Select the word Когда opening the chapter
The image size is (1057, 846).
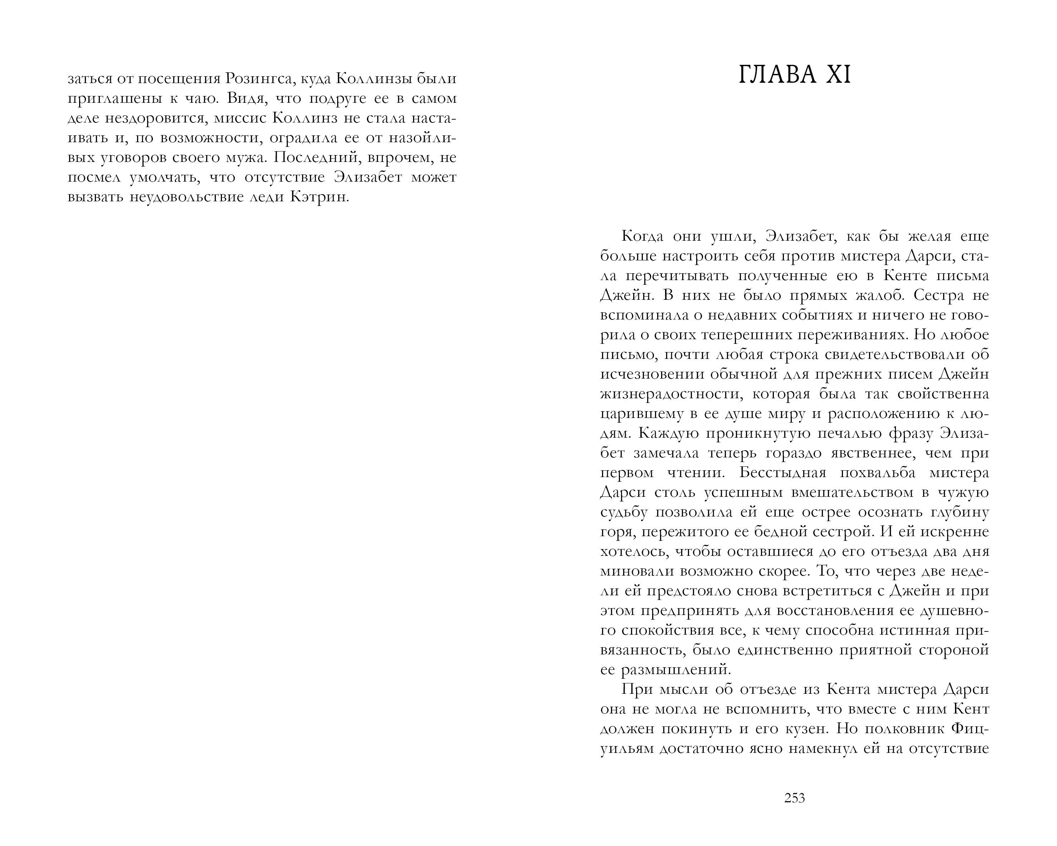coord(643,236)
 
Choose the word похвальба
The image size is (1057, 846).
coord(878,473)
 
